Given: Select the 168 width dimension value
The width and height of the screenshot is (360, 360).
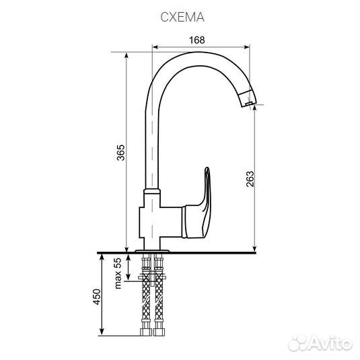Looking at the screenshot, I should click(x=196, y=40).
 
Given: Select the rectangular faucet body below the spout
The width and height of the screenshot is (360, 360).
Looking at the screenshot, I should click(x=160, y=222).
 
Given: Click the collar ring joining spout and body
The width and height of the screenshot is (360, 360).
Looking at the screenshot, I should click(x=152, y=192).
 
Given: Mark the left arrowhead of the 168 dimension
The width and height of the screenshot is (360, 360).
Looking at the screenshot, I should click(x=156, y=48).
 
